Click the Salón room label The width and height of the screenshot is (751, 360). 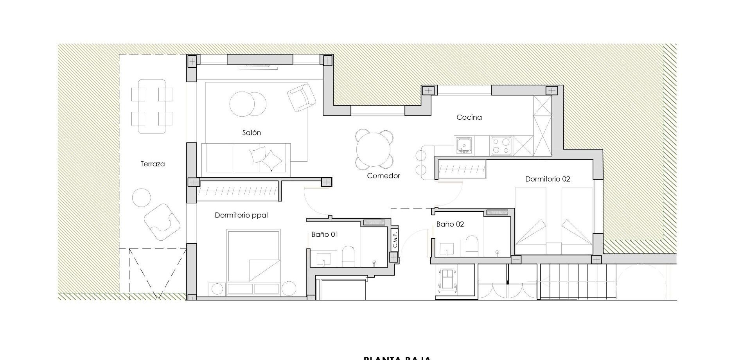[x=252, y=133]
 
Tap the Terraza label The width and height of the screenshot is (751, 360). [x=153, y=164]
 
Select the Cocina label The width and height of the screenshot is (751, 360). [x=469, y=117]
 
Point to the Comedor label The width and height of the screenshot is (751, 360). [x=383, y=176]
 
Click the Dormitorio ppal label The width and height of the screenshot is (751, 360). [x=241, y=215]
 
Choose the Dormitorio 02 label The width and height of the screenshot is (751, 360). [x=547, y=179]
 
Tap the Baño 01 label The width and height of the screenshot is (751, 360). [x=325, y=235]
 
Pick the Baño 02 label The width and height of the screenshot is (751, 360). [x=450, y=225]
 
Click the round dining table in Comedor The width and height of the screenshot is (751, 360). [x=374, y=150]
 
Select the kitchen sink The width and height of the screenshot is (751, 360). [x=464, y=145]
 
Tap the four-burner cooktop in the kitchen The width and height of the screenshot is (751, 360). [x=501, y=146]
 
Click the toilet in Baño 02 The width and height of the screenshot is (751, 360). [x=472, y=246]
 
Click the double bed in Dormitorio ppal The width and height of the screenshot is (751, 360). [x=253, y=256]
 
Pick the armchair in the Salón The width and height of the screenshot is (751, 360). [x=301, y=97]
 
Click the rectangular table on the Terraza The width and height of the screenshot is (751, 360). [x=152, y=106]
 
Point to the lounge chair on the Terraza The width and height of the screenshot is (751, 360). [x=162, y=221]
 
